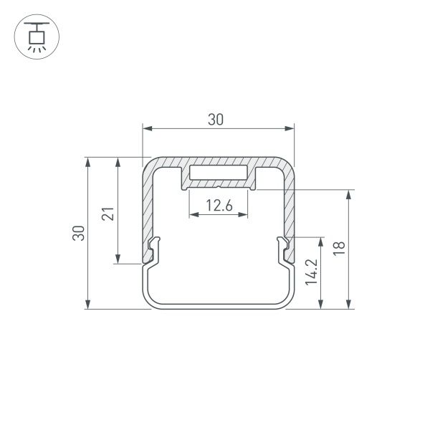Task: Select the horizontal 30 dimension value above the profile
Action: tap(216, 120)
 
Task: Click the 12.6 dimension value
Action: tap(219, 206)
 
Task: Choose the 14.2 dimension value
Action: tap(310, 273)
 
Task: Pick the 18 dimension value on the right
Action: tap(340, 249)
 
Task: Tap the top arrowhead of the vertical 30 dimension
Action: tap(89, 161)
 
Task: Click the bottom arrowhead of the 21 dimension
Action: tap(117, 259)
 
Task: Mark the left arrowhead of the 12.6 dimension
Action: tap(193, 214)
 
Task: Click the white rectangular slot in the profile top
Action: tap(219, 174)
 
